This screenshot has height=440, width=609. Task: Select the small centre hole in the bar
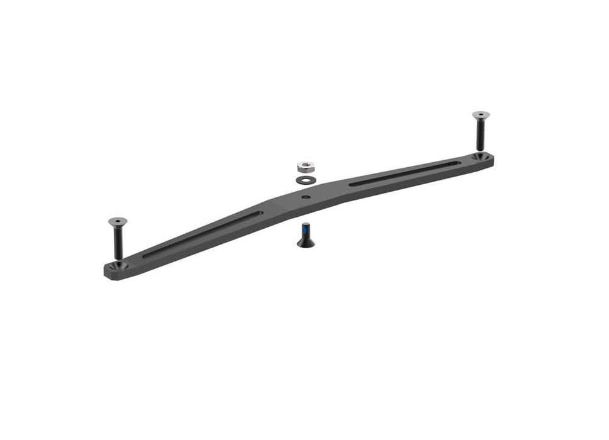[x=306, y=197]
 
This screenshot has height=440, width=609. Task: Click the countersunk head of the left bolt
[x=118, y=221]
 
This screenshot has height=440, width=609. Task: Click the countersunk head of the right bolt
[x=481, y=115]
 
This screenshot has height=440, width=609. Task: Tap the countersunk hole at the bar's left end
[x=119, y=265]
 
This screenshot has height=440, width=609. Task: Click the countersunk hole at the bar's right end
[x=481, y=155]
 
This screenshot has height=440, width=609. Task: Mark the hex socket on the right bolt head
[x=481, y=114]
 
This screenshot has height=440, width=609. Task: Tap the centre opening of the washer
[x=305, y=179]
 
